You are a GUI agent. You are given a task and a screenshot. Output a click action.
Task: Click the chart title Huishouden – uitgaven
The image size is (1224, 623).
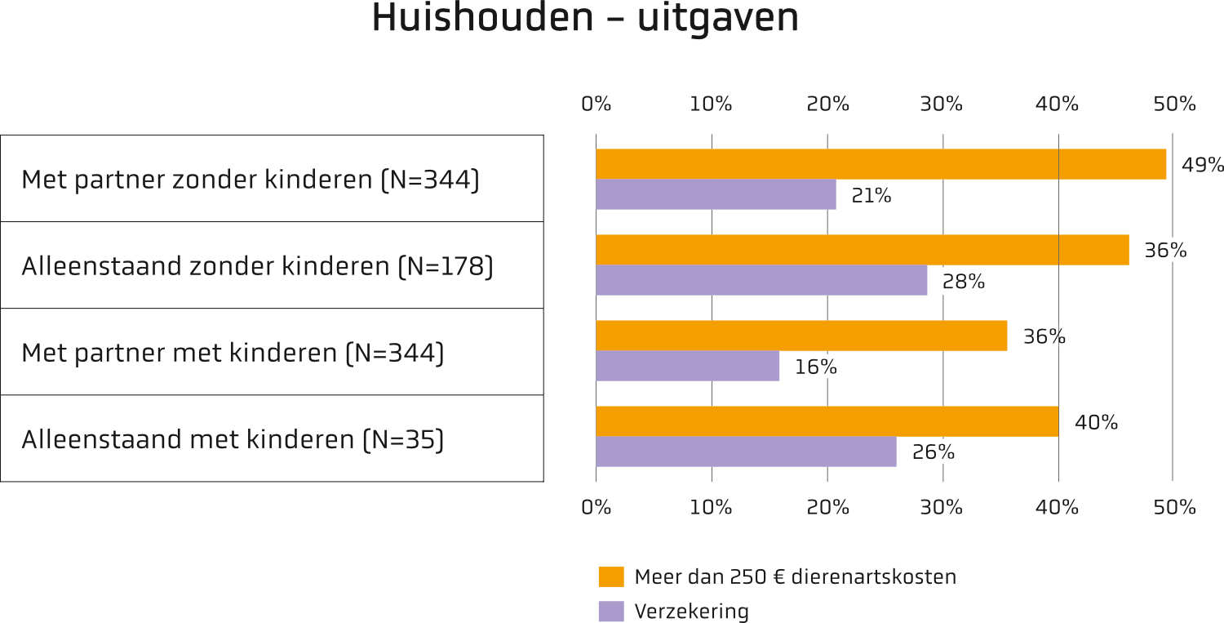click(x=585, y=17)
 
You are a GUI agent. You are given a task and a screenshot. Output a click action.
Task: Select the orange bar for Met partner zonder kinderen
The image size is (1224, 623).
click(x=880, y=164)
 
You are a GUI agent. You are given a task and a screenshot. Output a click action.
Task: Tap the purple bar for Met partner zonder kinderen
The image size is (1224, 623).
click(x=716, y=194)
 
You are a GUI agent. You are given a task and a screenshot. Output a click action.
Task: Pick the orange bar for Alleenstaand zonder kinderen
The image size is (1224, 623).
click(x=863, y=250)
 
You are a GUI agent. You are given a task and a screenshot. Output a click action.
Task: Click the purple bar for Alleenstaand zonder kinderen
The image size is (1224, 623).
click(x=761, y=280)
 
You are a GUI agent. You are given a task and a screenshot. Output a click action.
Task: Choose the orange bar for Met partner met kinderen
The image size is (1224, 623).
click(x=801, y=336)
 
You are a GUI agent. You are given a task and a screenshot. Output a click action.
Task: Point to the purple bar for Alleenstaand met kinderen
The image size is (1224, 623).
click(x=747, y=452)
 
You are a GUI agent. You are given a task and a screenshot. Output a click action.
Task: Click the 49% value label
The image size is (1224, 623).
click(x=1202, y=165)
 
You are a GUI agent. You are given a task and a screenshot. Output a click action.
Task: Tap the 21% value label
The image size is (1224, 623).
click(x=871, y=195)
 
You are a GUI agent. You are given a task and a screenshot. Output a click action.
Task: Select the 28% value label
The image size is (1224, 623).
click(x=964, y=282)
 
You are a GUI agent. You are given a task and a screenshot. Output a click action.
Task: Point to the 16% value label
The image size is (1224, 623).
click(x=815, y=367)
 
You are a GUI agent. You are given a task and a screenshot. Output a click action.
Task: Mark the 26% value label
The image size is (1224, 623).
click(x=934, y=452)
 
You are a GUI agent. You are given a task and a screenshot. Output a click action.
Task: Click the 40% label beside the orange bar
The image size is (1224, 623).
click(x=1096, y=422)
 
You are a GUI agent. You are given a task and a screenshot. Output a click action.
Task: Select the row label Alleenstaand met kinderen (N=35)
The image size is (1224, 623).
click(x=233, y=439)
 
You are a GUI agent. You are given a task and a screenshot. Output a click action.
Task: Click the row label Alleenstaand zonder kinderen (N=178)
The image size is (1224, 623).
click(x=257, y=266)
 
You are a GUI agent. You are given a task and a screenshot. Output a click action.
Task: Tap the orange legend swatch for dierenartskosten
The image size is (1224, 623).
click(x=611, y=576)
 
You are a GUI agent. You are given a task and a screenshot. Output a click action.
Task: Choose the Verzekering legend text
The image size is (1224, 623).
click(x=692, y=611)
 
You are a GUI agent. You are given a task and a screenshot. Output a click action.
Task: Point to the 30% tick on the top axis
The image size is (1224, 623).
click(x=941, y=104)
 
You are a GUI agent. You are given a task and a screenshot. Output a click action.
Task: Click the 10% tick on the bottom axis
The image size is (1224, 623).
click(x=711, y=508)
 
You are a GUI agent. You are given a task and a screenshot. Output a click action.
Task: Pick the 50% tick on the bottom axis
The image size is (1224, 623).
click(x=1174, y=508)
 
